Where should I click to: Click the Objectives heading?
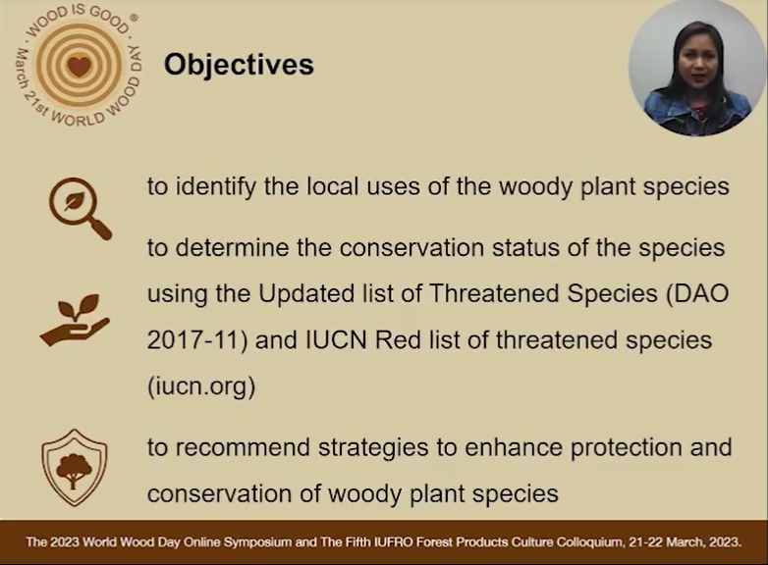click(x=239, y=65)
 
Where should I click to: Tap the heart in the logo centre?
click(x=79, y=66)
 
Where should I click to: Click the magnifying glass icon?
click(x=80, y=208)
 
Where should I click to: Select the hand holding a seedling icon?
click(x=75, y=321)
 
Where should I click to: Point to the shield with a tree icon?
click(x=75, y=468)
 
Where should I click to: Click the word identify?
click(x=215, y=187)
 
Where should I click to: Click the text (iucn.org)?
click(x=201, y=386)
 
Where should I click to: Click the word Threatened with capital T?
click(x=494, y=293)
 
